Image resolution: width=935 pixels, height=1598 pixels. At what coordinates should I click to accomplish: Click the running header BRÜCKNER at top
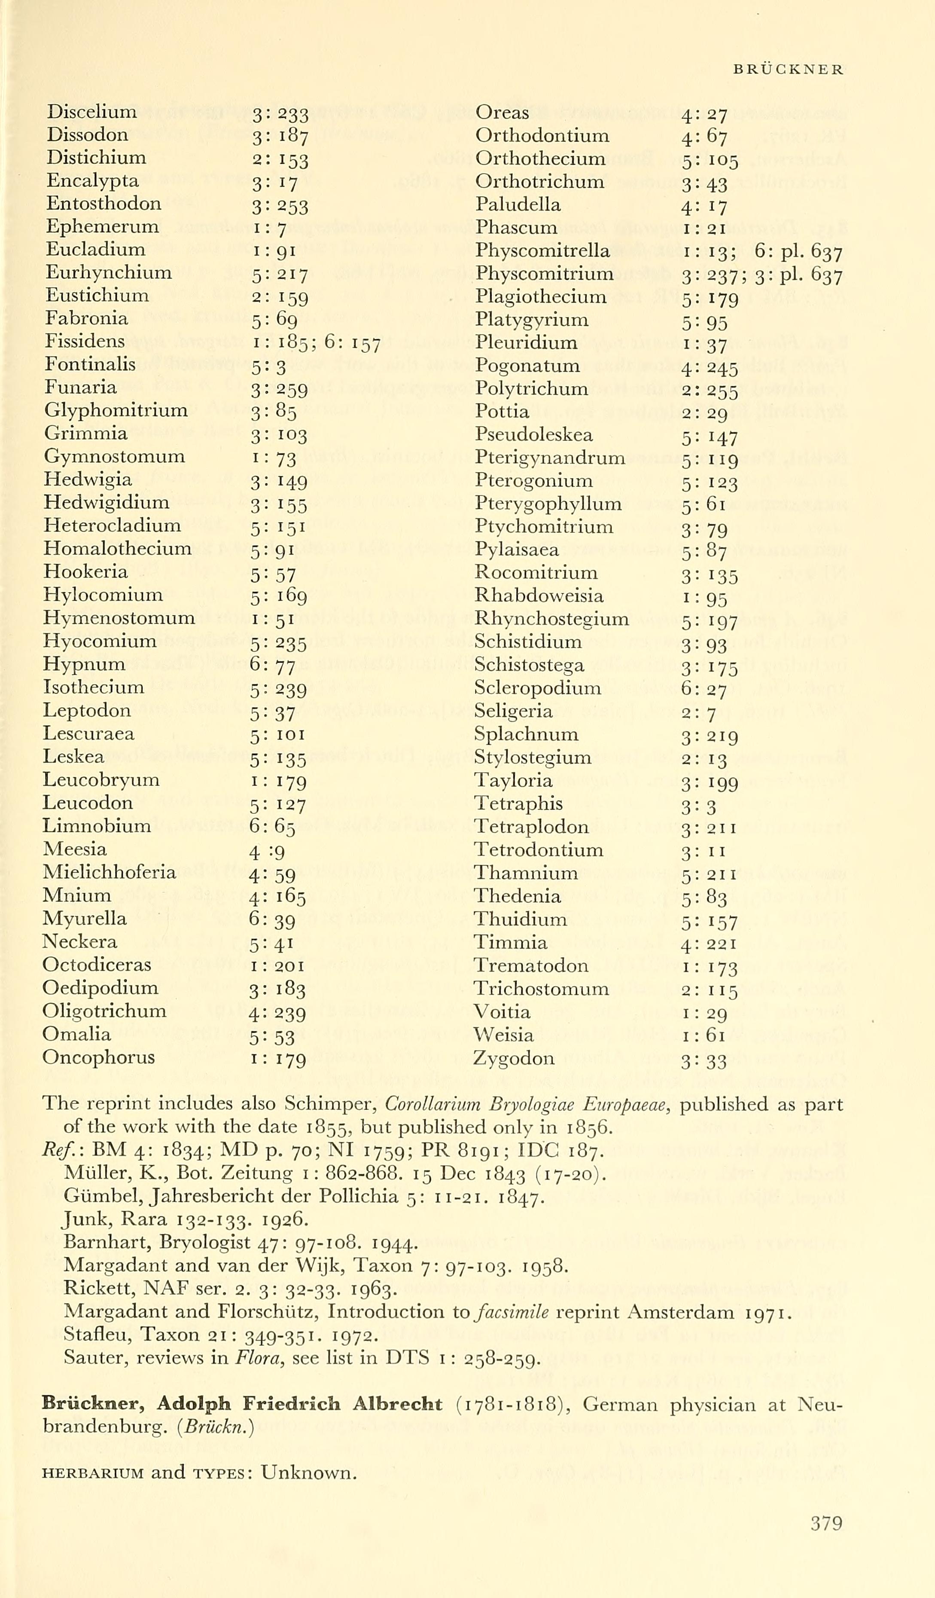point(788,70)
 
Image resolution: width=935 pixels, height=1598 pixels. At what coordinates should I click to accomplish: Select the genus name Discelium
point(91,112)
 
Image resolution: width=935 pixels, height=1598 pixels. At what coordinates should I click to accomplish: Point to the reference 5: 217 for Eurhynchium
point(279,275)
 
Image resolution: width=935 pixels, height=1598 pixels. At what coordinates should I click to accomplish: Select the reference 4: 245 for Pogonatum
point(710,367)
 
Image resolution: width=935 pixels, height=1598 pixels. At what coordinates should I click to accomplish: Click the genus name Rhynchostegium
point(551,618)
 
